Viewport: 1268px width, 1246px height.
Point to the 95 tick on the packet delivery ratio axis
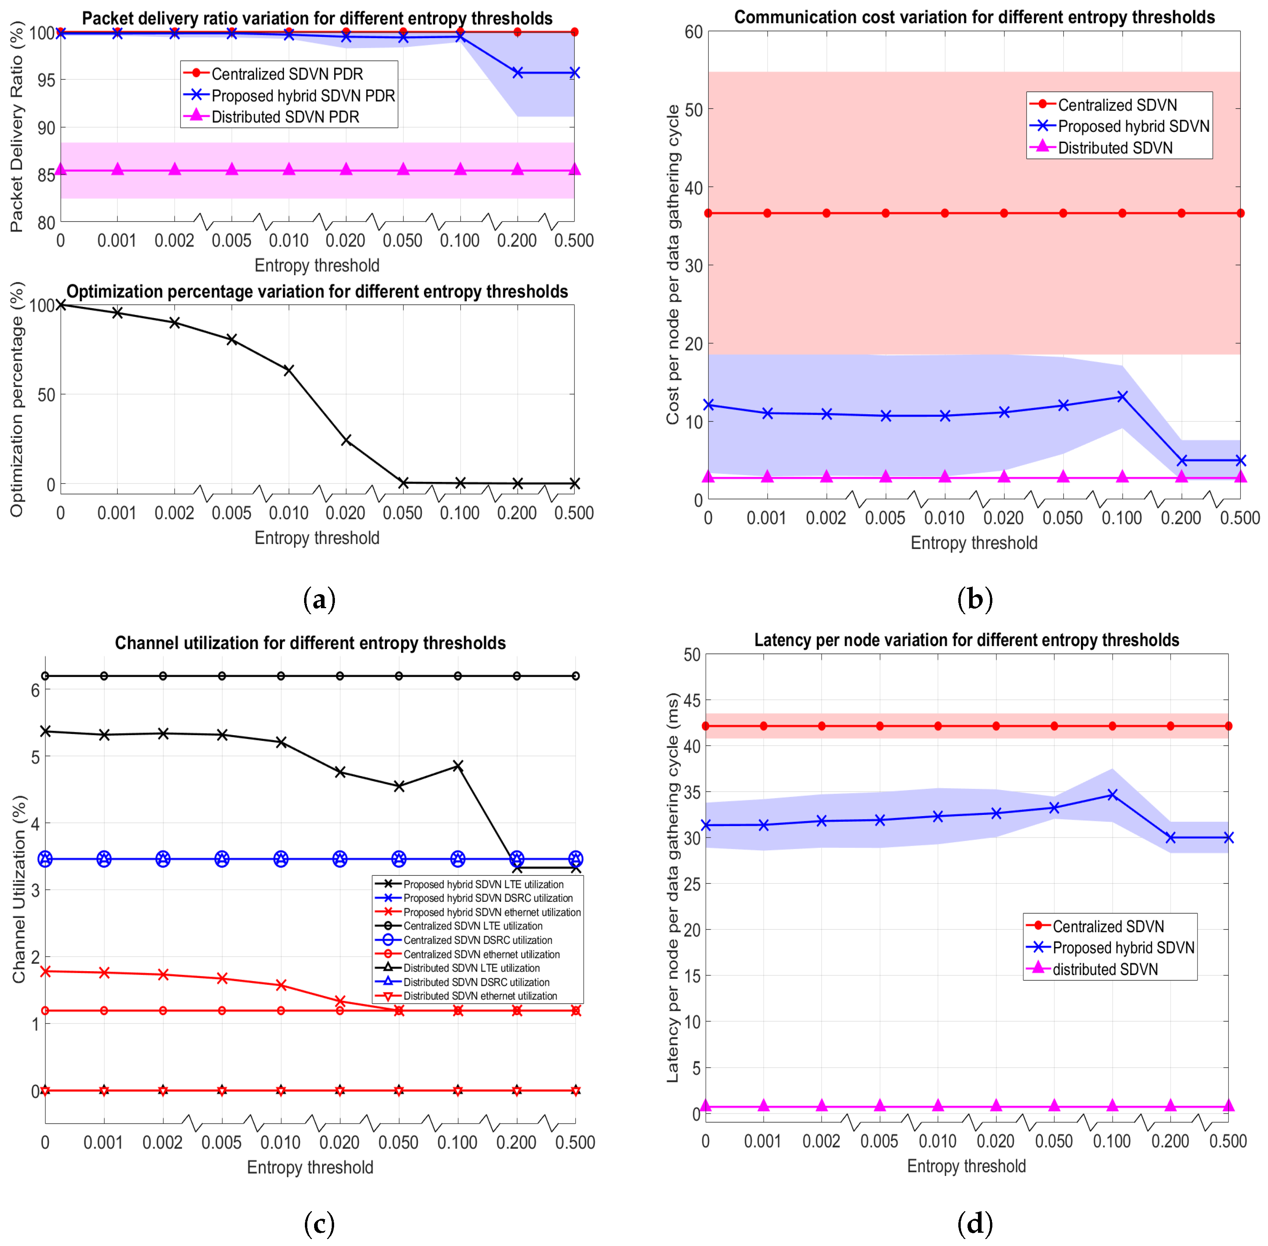[x=46, y=80]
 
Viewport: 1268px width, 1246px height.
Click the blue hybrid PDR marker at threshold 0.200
[x=518, y=73]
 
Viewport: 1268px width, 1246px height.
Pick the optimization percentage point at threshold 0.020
[x=346, y=440]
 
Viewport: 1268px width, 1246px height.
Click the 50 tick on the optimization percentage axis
[x=46, y=395]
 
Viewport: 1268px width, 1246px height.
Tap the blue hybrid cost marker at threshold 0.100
[x=1122, y=397]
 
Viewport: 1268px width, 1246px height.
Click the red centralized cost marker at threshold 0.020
[x=1004, y=213]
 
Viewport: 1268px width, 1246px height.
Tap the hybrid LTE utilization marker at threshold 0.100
[x=458, y=766]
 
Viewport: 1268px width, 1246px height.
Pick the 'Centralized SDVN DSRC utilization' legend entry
[x=478, y=940]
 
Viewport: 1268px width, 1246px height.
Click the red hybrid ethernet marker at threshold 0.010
[x=281, y=985]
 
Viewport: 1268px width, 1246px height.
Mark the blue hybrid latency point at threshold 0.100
[x=1112, y=794]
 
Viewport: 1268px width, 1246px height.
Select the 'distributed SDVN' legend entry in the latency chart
[x=1105, y=969]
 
